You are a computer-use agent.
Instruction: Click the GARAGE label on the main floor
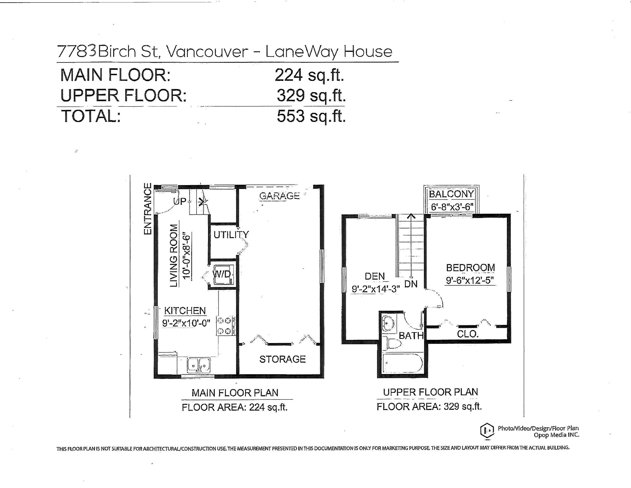tap(279, 196)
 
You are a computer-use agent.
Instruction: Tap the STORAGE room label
tap(282, 359)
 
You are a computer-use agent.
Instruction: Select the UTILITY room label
tap(231, 235)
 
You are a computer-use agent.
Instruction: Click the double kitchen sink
tap(199, 365)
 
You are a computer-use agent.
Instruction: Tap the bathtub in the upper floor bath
tap(402, 363)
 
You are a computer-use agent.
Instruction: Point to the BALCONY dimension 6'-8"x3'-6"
tap(452, 207)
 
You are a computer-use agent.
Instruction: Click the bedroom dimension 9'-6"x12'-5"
tap(470, 280)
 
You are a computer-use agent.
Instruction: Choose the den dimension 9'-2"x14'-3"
tap(376, 289)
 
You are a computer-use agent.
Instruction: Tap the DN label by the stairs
tap(411, 284)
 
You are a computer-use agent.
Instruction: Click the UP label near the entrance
tap(180, 201)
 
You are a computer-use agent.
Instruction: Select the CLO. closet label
tap(468, 334)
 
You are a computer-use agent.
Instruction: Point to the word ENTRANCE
tap(148, 209)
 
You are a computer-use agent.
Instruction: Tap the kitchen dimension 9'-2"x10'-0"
tap(186, 323)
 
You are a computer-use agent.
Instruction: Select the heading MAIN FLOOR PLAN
tap(235, 393)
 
